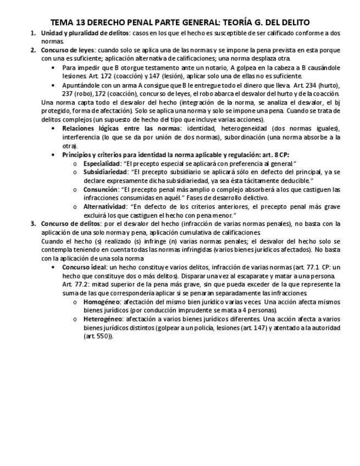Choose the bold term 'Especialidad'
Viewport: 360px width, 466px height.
(102, 163)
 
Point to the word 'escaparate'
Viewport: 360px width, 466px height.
(241, 275)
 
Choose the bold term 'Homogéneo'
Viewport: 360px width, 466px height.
(101, 302)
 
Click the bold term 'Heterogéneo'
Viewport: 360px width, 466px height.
(102, 319)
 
